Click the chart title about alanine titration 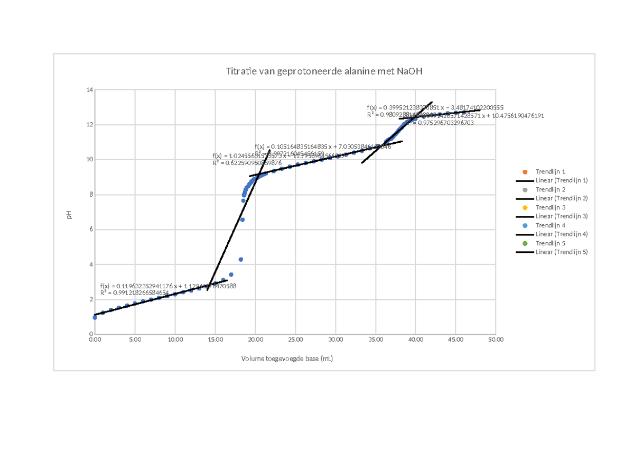pos(324,71)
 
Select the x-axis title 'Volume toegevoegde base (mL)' pos(287,359)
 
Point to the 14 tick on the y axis pos(90,90)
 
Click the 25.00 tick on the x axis pos(295,340)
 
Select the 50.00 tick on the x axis pos(496,340)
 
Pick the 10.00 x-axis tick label pos(175,340)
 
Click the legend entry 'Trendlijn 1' pos(550,172)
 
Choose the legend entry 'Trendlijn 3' pos(550,208)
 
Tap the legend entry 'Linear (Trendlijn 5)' pos(561,252)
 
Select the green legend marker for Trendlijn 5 pos(525,243)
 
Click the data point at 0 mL pos(95,317)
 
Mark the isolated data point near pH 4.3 pos(241,259)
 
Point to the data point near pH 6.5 pos(243,219)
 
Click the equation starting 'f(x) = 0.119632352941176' pos(167,286)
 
